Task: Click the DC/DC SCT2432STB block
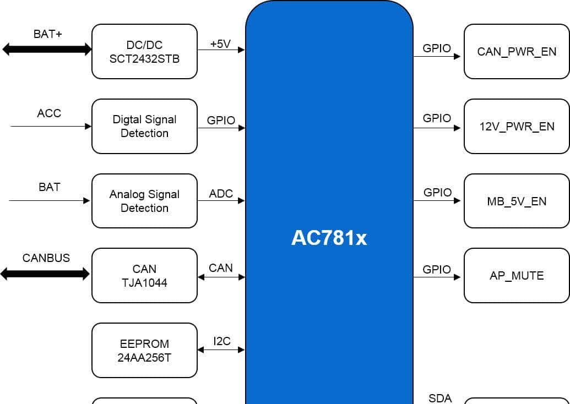pyautogui.click(x=144, y=51)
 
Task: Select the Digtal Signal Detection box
pyautogui.click(x=144, y=126)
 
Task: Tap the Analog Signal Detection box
pyautogui.click(x=144, y=201)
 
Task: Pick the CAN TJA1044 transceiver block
pyautogui.click(x=144, y=275)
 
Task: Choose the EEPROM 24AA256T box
pyautogui.click(x=144, y=350)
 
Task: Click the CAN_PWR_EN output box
pyautogui.click(x=517, y=52)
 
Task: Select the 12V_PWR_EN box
pyautogui.click(x=517, y=126)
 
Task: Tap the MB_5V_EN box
pyautogui.click(x=517, y=201)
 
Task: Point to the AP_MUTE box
pyautogui.click(x=517, y=275)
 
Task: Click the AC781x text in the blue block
pyautogui.click(x=329, y=238)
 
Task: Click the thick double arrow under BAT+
pyautogui.click(x=47, y=50)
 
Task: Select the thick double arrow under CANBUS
pyautogui.click(x=45, y=274)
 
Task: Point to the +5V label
pyautogui.click(x=220, y=44)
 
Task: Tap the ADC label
pyautogui.click(x=221, y=194)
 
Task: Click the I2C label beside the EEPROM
pyautogui.click(x=222, y=341)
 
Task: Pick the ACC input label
pyautogui.click(x=49, y=113)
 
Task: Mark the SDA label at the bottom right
pyautogui.click(x=439, y=398)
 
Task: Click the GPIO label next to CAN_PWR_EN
pyautogui.click(x=437, y=48)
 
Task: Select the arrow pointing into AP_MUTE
pyautogui.click(x=437, y=277)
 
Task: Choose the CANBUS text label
pyautogui.click(x=46, y=258)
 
